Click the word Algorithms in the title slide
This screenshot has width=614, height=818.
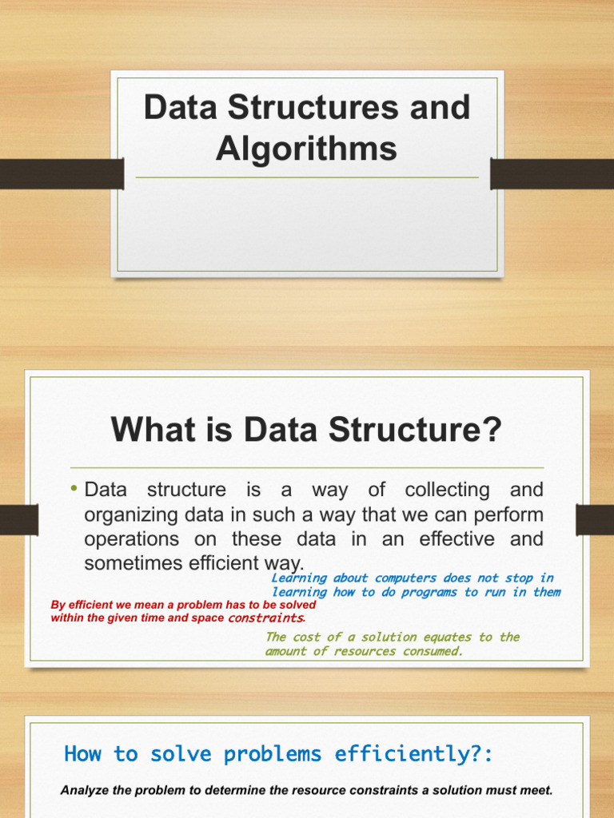point(306,149)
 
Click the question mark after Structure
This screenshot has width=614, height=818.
point(492,429)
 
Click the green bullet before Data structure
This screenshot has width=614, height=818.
point(74,488)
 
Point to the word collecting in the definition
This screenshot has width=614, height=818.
point(448,490)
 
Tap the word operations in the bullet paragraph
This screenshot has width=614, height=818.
point(132,539)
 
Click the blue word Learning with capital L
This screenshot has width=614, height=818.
point(299,578)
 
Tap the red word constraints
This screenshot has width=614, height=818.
point(265,618)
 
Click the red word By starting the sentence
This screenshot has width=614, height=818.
point(58,606)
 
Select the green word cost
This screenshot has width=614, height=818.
point(306,637)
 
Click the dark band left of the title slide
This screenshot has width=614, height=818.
point(62,174)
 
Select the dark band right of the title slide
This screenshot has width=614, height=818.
point(552,174)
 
